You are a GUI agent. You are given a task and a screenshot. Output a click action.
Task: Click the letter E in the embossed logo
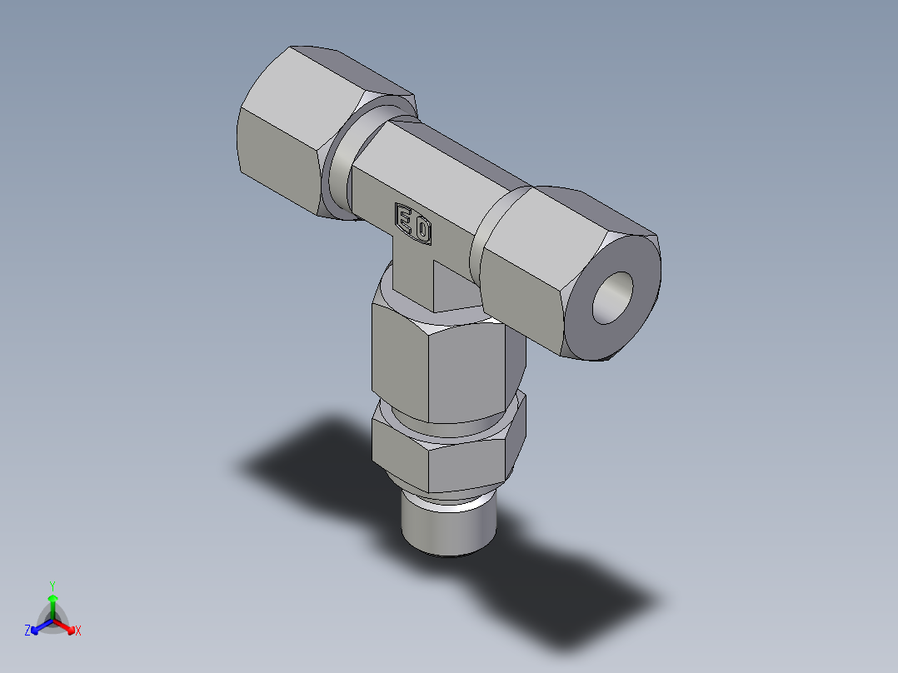(x=405, y=220)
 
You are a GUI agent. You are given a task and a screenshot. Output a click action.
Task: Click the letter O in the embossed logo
(x=422, y=229)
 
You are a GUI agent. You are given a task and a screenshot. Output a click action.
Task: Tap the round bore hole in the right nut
(x=614, y=298)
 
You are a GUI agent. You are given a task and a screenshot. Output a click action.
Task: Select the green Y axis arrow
(x=52, y=605)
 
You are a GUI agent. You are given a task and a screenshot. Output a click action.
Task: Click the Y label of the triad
(x=52, y=585)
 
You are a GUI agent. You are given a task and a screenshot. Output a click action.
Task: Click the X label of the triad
(x=78, y=631)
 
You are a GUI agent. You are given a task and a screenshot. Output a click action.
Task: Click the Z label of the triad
(x=27, y=631)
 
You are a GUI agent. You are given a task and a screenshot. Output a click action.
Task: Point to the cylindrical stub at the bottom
(x=448, y=526)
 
